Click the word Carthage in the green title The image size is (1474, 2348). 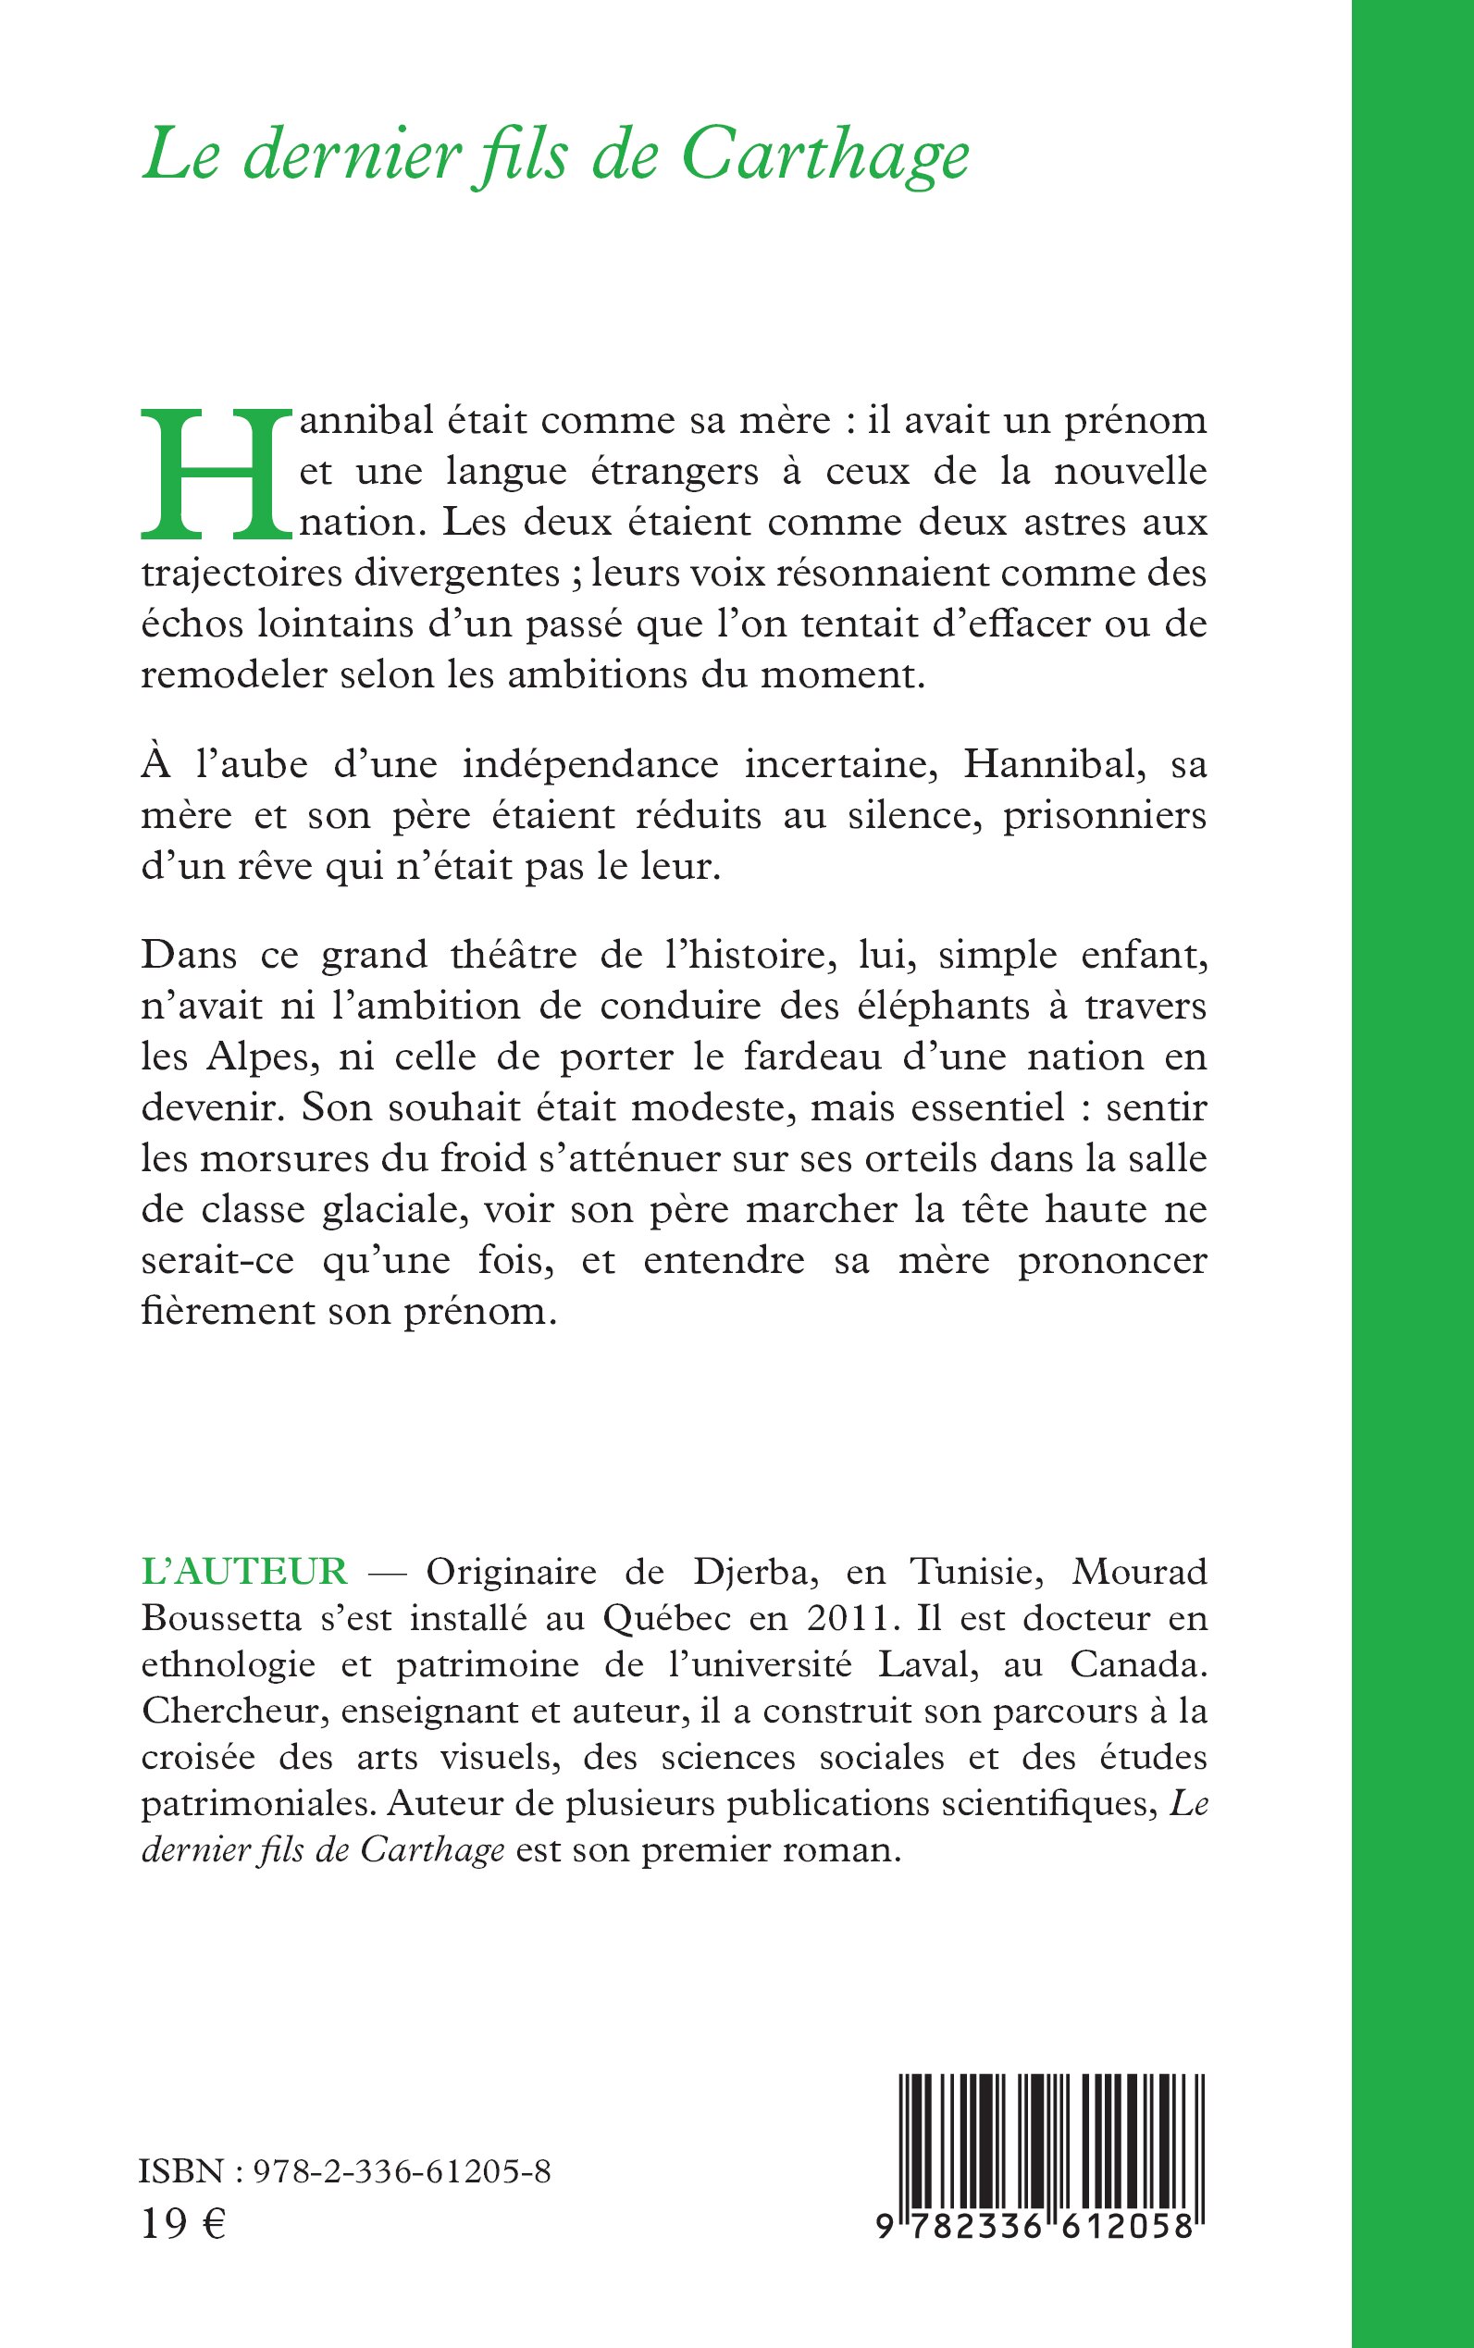coord(824,156)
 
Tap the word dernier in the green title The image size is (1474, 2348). coord(351,156)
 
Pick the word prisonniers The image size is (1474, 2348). coord(1105,815)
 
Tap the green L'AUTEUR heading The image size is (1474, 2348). coord(243,1572)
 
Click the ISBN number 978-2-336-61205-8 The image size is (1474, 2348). coord(401,2171)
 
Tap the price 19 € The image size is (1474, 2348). coord(183,2225)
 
